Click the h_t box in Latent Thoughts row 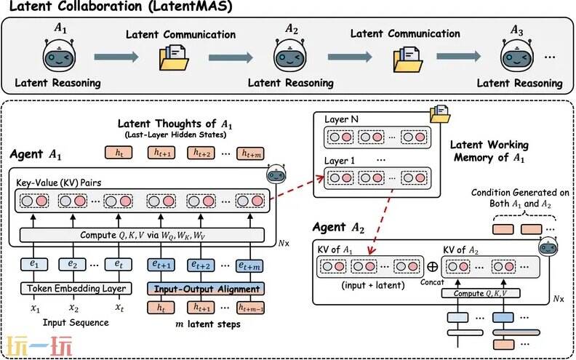click(x=119, y=153)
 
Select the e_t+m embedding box click(x=247, y=265)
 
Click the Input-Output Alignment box click(x=207, y=289)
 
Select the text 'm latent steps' click(x=207, y=323)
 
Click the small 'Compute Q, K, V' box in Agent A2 click(x=482, y=293)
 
